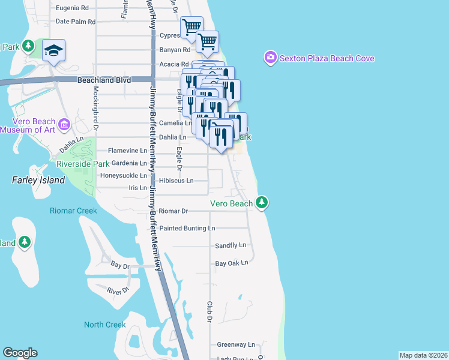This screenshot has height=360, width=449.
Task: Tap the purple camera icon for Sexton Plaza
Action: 270,58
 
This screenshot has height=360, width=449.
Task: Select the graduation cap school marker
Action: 54,51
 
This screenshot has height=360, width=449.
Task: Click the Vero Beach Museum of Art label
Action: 30,125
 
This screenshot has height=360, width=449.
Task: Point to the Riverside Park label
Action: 83,163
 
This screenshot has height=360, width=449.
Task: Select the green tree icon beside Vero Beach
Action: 261,203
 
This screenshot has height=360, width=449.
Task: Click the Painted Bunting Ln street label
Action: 187,229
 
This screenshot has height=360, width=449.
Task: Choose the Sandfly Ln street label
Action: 231,245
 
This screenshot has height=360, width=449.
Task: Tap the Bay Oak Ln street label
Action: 231,263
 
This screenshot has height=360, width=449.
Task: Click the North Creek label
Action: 105,325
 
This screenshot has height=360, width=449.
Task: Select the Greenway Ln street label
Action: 236,345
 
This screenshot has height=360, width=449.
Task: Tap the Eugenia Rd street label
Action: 72,8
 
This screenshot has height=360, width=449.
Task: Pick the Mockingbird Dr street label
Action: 95,109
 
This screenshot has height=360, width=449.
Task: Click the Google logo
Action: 20,353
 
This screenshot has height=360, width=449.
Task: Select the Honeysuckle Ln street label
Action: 122,176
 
